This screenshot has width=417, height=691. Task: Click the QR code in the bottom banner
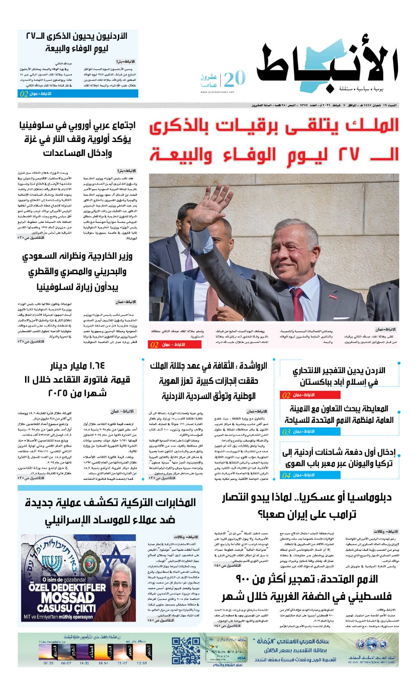click(x=186, y=650)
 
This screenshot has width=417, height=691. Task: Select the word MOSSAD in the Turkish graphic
click(x=67, y=598)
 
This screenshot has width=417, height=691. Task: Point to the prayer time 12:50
click(x=141, y=663)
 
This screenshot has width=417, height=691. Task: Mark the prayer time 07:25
click(x=48, y=663)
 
